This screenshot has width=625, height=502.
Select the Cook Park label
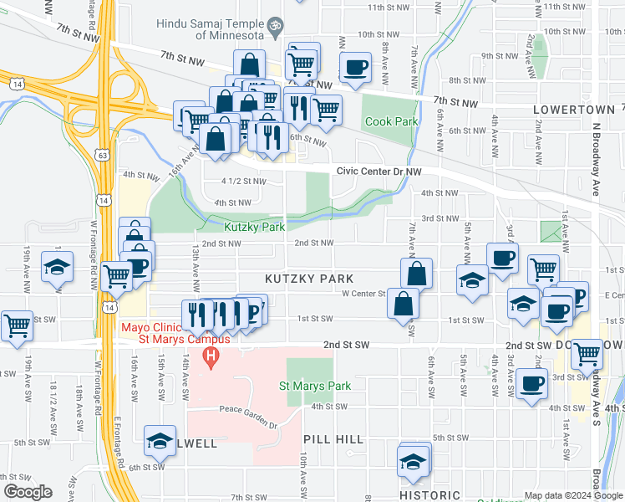tap(390, 121)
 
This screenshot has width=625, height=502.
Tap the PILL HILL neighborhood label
tap(333, 439)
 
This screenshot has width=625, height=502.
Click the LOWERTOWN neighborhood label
tap(573, 110)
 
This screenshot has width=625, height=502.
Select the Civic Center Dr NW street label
tap(379, 171)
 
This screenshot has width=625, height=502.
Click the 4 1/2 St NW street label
tap(243, 181)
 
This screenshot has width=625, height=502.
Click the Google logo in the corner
tap(28, 492)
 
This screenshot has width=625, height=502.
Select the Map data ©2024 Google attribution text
tap(573, 495)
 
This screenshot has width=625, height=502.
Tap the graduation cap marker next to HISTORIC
tap(413, 461)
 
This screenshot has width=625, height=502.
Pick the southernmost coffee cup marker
tap(531, 383)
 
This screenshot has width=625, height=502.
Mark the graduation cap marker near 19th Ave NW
tap(57, 266)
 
